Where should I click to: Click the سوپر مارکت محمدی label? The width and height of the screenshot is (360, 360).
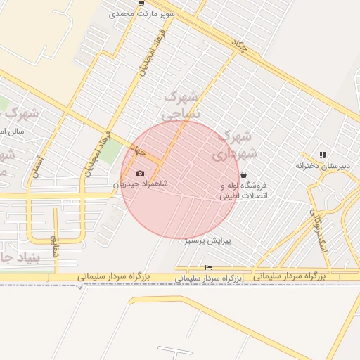click(146, 13)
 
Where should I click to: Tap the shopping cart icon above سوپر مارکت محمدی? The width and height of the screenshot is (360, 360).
click(143, 3)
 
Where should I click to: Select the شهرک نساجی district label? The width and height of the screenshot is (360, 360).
click(181, 103)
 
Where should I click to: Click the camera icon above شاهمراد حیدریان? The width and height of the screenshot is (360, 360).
click(140, 173)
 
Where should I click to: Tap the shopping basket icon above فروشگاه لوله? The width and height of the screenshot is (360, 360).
click(243, 174)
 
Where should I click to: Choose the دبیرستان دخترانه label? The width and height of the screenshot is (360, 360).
click(322, 166)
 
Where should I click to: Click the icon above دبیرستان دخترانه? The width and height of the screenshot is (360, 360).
click(323, 155)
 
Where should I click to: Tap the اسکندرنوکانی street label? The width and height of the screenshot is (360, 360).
click(318, 224)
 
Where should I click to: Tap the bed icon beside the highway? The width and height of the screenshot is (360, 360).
click(207, 268)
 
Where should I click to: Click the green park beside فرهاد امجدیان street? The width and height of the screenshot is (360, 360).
click(108, 151)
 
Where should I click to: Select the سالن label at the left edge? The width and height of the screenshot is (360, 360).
click(12, 131)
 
